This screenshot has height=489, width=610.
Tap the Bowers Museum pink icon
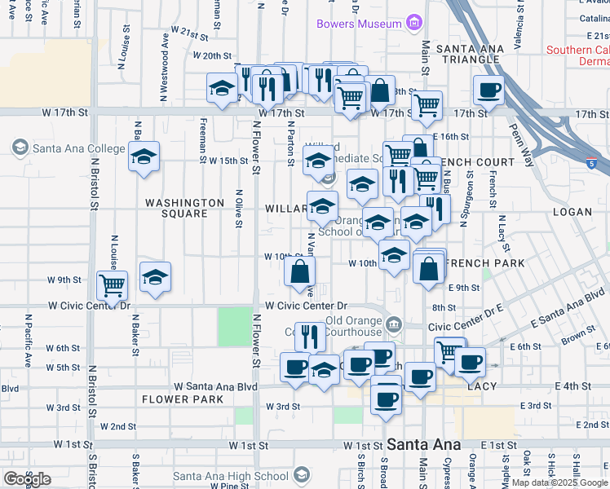click(x=415, y=20)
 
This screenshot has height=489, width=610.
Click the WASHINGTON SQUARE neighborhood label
click(x=184, y=208)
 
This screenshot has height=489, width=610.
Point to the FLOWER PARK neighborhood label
click(x=176, y=399)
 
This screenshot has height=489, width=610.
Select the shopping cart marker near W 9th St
click(x=112, y=284)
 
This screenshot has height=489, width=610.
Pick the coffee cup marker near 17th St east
click(x=488, y=90)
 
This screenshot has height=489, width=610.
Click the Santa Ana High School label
click(x=231, y=475)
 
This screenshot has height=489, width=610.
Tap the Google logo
click(x=27, y=479)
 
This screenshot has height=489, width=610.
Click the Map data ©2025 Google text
click(x=559, y=482)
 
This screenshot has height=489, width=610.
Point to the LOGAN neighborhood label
click(x=572, y=212)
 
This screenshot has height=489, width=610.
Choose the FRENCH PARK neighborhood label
click(x=475, y=264)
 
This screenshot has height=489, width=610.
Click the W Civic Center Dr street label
click(x=90, y=306)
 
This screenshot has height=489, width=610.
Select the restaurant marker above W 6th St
click(x=309, y=335)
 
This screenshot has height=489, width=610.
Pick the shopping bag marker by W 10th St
click(x=300, y=271)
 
